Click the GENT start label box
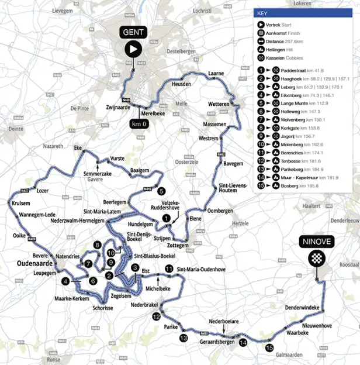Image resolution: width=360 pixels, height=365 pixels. pyautogui.click(x=132, y=32)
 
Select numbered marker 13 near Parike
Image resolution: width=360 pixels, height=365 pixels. pyautogui.click(x=184, y=338)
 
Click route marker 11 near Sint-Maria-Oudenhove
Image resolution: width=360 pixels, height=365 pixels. pyautogui.click(x=168, y=268)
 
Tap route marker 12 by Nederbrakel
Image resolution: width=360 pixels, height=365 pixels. pyautogui.click(x=155, y=316)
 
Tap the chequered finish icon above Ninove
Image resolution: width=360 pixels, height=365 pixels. pyautogui.click(x=316, y=257)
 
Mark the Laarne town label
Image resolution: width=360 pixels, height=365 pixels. pyautogui.click(x=216, y=74)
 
